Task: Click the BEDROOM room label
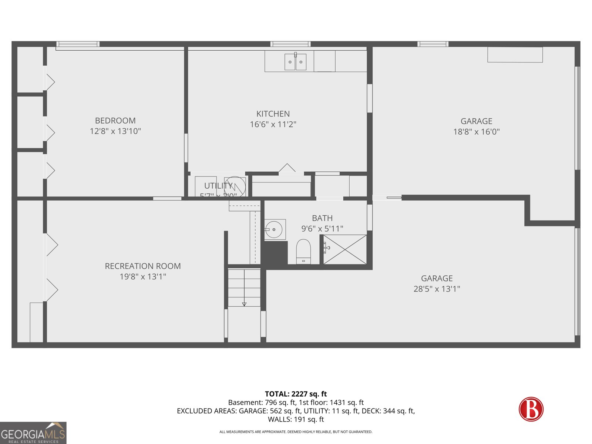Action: click(115, 121)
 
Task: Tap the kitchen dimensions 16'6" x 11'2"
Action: click(273, 124)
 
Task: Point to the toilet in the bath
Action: click(303, 252)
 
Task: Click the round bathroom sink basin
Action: click(274, 230)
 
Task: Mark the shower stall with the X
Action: click(345, 249)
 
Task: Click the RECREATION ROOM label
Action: click(143, 266)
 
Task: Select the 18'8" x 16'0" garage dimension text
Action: click(476, 132)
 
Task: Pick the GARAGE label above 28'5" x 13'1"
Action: click(437, 278)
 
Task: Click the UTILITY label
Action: click(218, 186)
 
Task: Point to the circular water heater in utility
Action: click(235, 186)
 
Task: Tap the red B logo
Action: click(531, 409)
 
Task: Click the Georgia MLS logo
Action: click(33, 433)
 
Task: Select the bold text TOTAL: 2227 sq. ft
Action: click(296, 394)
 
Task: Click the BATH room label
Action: click(322, 218)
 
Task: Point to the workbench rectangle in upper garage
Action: click(515, 55)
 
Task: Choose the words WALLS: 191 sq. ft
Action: click(296, 419)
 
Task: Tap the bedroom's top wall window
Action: click(78, 44)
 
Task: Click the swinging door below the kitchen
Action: click(287, 169)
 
